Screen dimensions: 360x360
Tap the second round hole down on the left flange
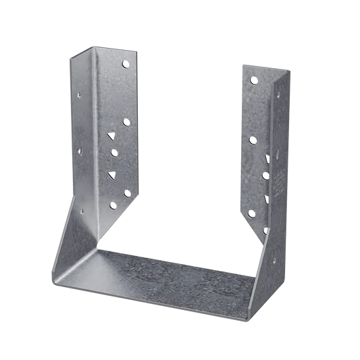(126, 122)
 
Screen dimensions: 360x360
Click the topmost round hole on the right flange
(253, 80)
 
